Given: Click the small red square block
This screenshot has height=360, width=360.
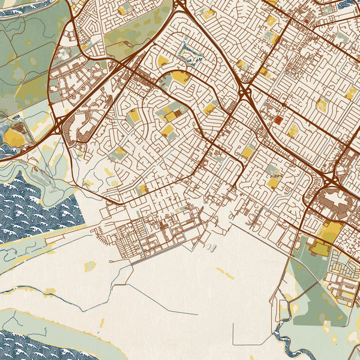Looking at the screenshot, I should (278, 119).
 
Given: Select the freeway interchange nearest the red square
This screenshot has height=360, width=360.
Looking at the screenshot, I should (244, 92).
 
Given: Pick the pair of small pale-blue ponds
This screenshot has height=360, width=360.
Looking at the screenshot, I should (209, 247).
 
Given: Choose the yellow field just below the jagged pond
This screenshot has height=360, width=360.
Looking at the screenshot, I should (181, 77).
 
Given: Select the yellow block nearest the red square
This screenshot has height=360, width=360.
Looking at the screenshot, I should (293, 131).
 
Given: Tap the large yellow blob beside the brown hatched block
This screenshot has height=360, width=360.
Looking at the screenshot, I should (12, 137).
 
